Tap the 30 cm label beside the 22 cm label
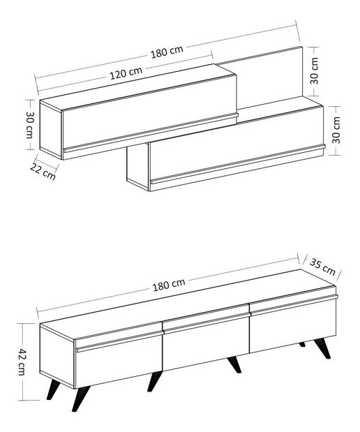coord(30,125)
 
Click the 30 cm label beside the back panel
coord(315,68)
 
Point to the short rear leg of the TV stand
coord(302,344)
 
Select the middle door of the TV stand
coord(206,345)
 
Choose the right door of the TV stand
coord(293,325)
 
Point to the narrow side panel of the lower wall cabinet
coord(137,167)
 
